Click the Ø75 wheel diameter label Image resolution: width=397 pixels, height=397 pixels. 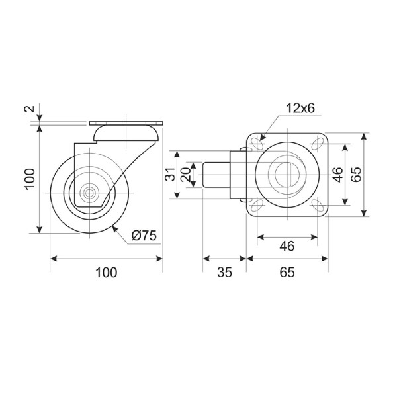[x=144, y=236]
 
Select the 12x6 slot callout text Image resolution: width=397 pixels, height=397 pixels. [x=300, y=109]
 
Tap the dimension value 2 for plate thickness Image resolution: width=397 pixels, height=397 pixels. [x=30, y=109]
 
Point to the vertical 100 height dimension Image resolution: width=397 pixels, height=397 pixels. [x=30, y=179]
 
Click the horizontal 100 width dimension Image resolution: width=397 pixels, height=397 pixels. [x=106, y=273]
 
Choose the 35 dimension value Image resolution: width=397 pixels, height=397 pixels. [x=224, y=273]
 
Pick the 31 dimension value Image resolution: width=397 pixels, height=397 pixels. [x=170, y=174]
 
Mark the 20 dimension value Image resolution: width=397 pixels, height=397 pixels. [x=186, y=175]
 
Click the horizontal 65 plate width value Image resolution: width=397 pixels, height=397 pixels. [x=287, y=273]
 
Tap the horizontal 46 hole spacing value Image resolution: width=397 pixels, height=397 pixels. [x=287, y=246]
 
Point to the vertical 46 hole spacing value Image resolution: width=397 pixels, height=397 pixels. [x=337, y=175]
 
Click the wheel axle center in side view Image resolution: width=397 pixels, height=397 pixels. [x=89, y=193]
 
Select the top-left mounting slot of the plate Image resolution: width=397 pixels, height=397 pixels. [x=256, y=144]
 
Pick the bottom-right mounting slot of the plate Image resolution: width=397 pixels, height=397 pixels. [x=317, y=204]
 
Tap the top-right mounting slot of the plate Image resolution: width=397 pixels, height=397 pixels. [x=317, y=144]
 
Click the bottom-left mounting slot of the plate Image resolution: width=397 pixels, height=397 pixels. [x=256, y=204]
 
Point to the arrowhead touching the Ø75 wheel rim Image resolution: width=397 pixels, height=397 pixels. [x=114, y=229]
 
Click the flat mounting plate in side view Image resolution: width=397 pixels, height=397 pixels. [x=126, y=124]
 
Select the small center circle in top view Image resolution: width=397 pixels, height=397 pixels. [x=287, y=175]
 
